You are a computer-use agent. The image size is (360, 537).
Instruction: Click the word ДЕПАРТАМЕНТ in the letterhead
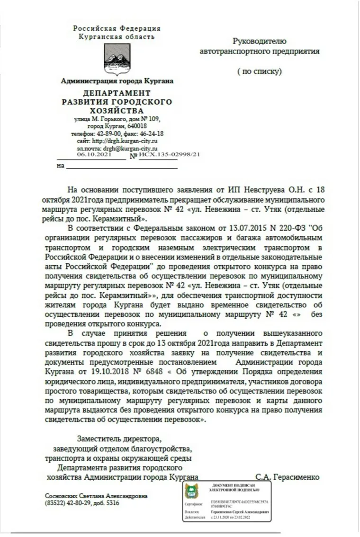(117, 93)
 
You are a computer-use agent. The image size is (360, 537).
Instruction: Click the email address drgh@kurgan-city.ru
(132, 148)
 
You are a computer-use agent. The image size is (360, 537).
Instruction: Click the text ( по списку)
(259, 72)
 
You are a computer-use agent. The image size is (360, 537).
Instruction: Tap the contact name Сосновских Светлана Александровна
(96, 496)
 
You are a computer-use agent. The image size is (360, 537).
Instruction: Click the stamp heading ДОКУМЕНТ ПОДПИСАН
(235, 486)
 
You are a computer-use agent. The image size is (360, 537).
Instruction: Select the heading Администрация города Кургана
(117, 81)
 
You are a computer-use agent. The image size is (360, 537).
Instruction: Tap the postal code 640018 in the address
(136, 126)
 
